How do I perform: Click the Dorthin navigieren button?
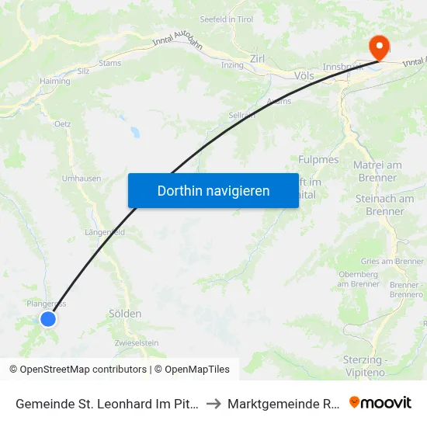click(x=213, y=190)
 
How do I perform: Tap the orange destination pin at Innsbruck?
click(x=380, y=47)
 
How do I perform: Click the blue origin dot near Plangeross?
click(x=48, y=318)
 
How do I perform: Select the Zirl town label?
click(x=258, y=58)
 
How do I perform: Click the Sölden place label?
click(x=125, y=314)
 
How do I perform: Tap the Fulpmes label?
click(x=319, y=159)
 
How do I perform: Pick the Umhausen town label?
click(x=82, y=179)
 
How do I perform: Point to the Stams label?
click(x=110, y=63)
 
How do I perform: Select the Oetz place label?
click(x=63, y=123)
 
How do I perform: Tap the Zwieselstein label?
click(x=137, y=342)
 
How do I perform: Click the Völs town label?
click(x=304, y=76)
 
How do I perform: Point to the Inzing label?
click(x=232, y=64)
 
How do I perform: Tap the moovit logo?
click(x=380, y=402)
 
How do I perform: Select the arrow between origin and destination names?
click(x=213, y=403)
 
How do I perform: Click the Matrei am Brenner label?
click(x=377, y=171)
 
